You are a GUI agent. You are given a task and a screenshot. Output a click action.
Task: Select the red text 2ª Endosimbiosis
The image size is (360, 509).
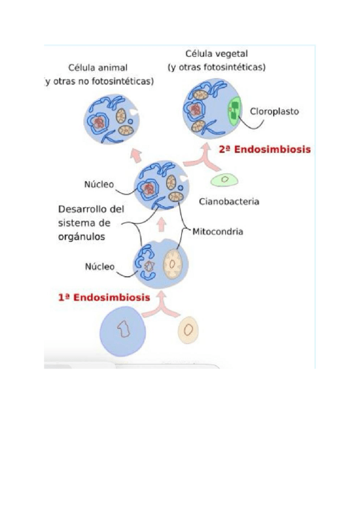pos(265,149)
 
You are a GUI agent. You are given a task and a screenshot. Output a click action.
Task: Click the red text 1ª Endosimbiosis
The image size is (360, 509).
pos(104,297)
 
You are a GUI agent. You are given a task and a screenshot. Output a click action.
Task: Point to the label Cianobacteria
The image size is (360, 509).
pos(229,202)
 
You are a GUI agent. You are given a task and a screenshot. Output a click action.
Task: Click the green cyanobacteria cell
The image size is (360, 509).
pos(225,179)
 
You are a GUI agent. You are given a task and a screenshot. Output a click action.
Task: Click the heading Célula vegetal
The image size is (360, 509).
pos(217,54)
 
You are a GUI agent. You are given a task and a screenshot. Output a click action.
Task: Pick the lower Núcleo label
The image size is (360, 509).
pos(99,267)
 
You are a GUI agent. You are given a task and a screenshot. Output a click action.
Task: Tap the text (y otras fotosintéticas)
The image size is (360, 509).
pos(217,67)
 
